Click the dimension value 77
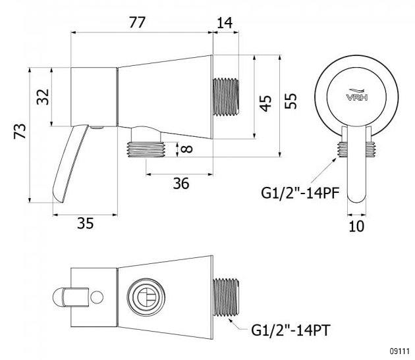[137, 22]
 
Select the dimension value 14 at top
[225, 22]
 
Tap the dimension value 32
[43, 97]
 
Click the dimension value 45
[265, 103]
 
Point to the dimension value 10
[356, 226]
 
